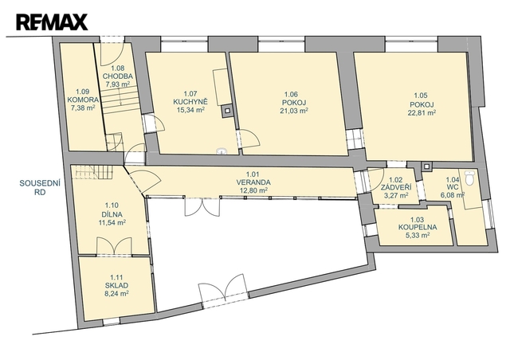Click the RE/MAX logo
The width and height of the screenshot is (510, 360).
(x=52, y=22)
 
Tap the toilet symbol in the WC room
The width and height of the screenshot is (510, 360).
(x=470, y=178)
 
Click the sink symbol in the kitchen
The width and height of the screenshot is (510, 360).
(x=222, y=151)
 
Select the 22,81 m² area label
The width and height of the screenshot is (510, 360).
(x=422, y=113)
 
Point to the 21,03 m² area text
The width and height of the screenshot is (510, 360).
(x=294, y=111)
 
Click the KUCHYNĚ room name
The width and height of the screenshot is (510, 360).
(x=190, y=102)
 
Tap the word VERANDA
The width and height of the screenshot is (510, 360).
(x=253, y=182)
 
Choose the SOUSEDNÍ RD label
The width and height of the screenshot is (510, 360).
(x=40, y=188)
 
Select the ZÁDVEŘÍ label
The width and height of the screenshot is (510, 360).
(x=396, y=188)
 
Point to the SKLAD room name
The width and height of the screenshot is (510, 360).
(x=116, y=285)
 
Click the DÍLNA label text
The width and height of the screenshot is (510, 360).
(x=112, y=214)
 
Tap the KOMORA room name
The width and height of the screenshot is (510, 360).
(x=83, y=100)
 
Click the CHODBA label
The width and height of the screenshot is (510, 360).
(x=118, y=76)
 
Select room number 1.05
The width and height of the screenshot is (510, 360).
(x=421, y=96)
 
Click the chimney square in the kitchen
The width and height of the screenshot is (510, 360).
(x=226, y=112)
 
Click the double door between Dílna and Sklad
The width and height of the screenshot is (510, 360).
(x=114, y=246)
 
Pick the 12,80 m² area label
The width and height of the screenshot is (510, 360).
(x=253, y=190)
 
